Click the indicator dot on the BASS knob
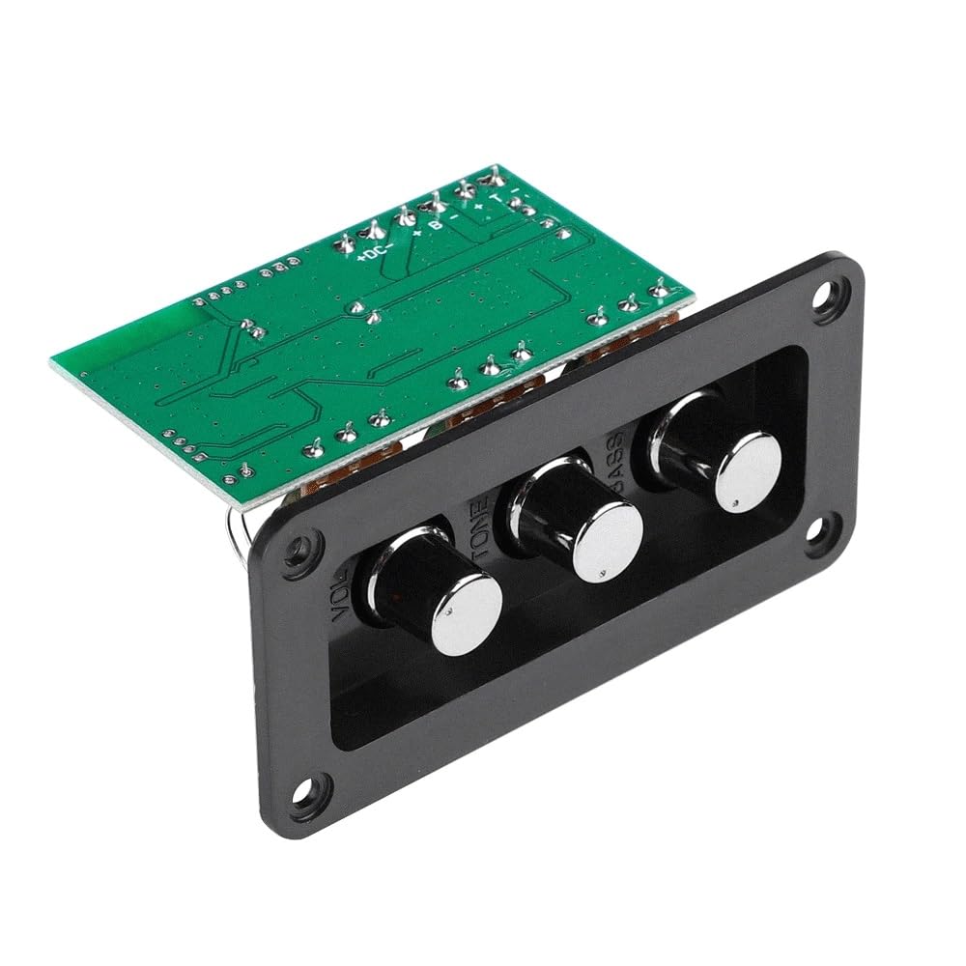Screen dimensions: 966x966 click(736, 504)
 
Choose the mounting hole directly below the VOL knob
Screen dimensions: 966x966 click(311, 789)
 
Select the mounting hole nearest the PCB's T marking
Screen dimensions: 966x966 click(824, 292)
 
